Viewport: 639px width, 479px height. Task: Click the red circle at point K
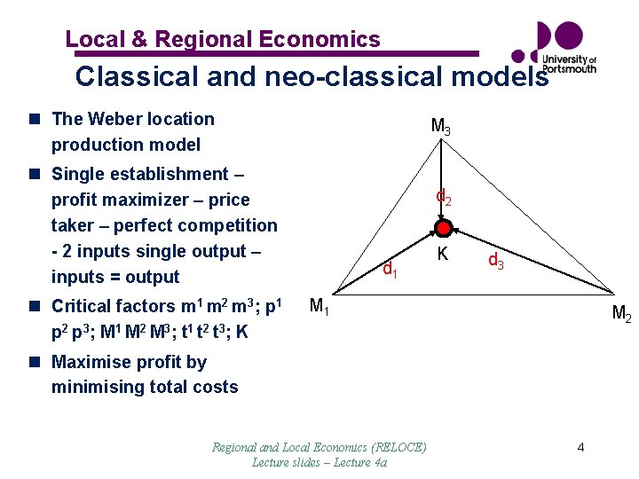[442, 228]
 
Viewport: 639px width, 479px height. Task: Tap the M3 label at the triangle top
[440, 127]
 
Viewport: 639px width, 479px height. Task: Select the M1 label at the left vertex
[319, 307]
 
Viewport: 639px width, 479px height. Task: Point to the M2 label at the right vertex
[621, 313]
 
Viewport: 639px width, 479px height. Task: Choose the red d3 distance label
[497, 262]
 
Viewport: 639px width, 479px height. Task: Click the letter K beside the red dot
[442, 255]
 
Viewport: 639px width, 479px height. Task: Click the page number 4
[580, 447]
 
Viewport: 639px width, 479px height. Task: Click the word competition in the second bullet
[228, 225]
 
